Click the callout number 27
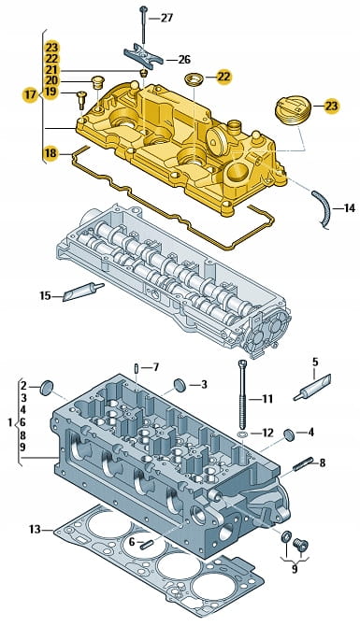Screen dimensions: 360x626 (x=166, y=18)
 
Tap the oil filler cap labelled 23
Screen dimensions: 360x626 (x=293, y=110)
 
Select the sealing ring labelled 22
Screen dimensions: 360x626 (x=194, y=79)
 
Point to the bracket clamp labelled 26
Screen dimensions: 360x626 (x=143, y=56)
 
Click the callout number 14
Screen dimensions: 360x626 (x=349, y=208)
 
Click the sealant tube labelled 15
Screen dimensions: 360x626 (x=83, y=291)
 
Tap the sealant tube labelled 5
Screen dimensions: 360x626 (x=312, y=388)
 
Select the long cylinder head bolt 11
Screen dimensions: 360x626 (x=242, y=393)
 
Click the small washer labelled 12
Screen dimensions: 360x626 (x=242, y=434)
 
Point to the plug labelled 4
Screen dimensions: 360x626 (x=289, y=434)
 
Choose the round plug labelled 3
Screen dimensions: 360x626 (x=180, y=385)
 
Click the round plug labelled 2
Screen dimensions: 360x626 (x=47, y=388)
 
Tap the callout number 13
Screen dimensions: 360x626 (x=35, y=530)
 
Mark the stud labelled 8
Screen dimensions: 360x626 (x=303, y=463)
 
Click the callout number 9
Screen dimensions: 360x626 (x=295, y=568)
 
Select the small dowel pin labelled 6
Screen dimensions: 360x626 (x=146, y=544)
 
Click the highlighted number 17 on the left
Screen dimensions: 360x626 (x=30, y=95)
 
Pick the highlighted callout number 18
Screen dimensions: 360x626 (x=50, y=153)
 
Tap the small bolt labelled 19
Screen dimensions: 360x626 (x=81, y=99)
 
